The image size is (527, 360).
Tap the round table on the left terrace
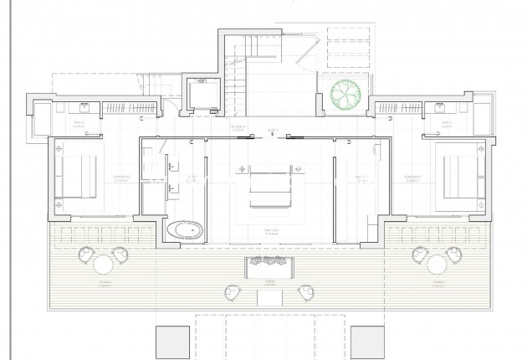(104, 265)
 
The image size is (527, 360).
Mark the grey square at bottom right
(366, 342)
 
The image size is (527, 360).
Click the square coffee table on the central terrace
(268, 294)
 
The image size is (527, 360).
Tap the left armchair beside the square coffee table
(232, 291)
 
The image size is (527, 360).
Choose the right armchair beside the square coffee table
(304, 291)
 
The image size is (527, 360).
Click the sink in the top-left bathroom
(86, 106)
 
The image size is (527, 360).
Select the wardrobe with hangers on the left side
(130, 107)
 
